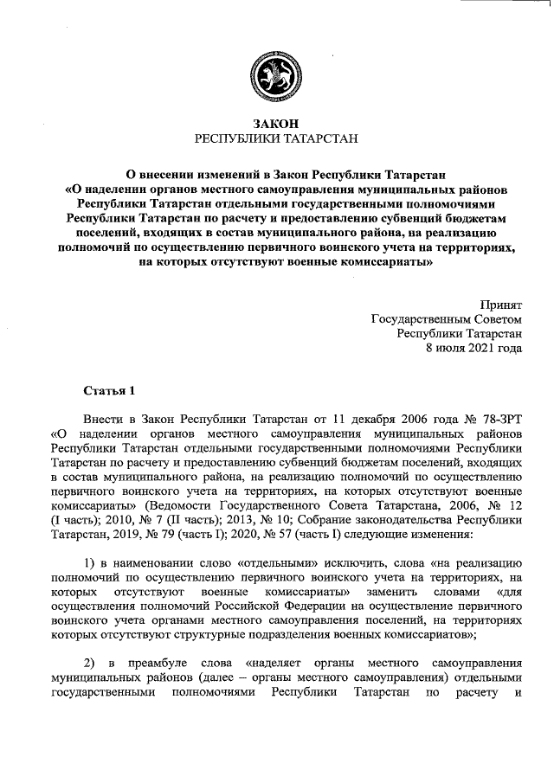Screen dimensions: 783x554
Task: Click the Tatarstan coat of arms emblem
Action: click(276, 72)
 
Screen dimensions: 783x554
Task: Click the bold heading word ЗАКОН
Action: click(276, 124)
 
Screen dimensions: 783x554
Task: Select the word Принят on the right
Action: click(501, 304)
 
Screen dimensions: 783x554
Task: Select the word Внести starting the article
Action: click(102, 416)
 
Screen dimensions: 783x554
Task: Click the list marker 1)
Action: click(90, 562)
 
